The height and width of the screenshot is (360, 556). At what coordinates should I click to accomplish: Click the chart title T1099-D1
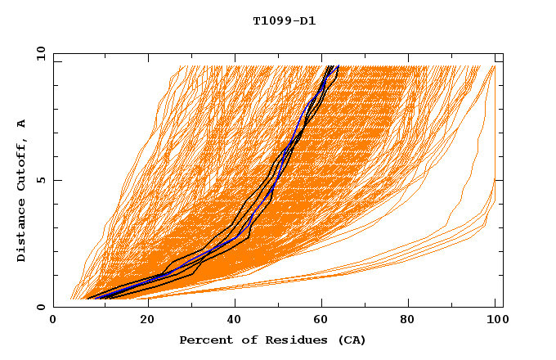(x=284, y=20)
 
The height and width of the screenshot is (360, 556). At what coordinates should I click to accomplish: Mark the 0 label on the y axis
(x=40, y=307)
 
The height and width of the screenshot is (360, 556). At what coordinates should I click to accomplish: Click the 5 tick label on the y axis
(x=40, y=180)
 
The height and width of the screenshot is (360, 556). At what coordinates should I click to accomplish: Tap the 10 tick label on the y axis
(x=40, y=54)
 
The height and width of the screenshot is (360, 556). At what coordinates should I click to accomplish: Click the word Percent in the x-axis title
(x=204, y=340)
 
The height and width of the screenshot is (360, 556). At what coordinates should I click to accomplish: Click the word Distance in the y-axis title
(x=22, y=230)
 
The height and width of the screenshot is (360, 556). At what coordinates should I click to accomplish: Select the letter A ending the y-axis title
(x=22, y=124)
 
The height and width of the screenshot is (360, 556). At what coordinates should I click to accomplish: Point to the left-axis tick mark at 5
(x=56, y=180)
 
